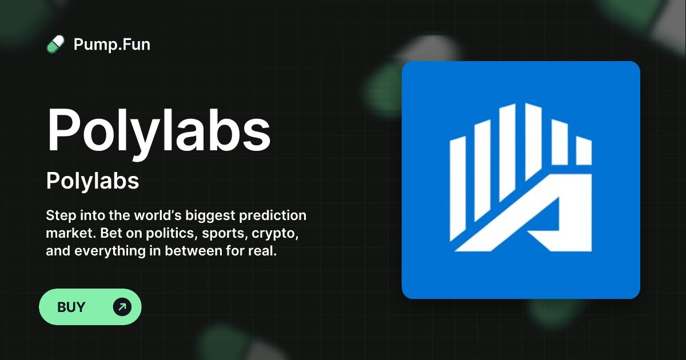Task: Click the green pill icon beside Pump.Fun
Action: [x=55, y=44]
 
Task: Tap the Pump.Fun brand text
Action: [x=112, y=44]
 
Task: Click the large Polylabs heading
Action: [x=158, y=131]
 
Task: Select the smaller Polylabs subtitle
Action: [x=93, y=181]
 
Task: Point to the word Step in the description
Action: [x=59, y=217]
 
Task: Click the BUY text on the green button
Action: [x=71, y=307]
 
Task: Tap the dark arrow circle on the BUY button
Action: [x=122, y=307]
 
